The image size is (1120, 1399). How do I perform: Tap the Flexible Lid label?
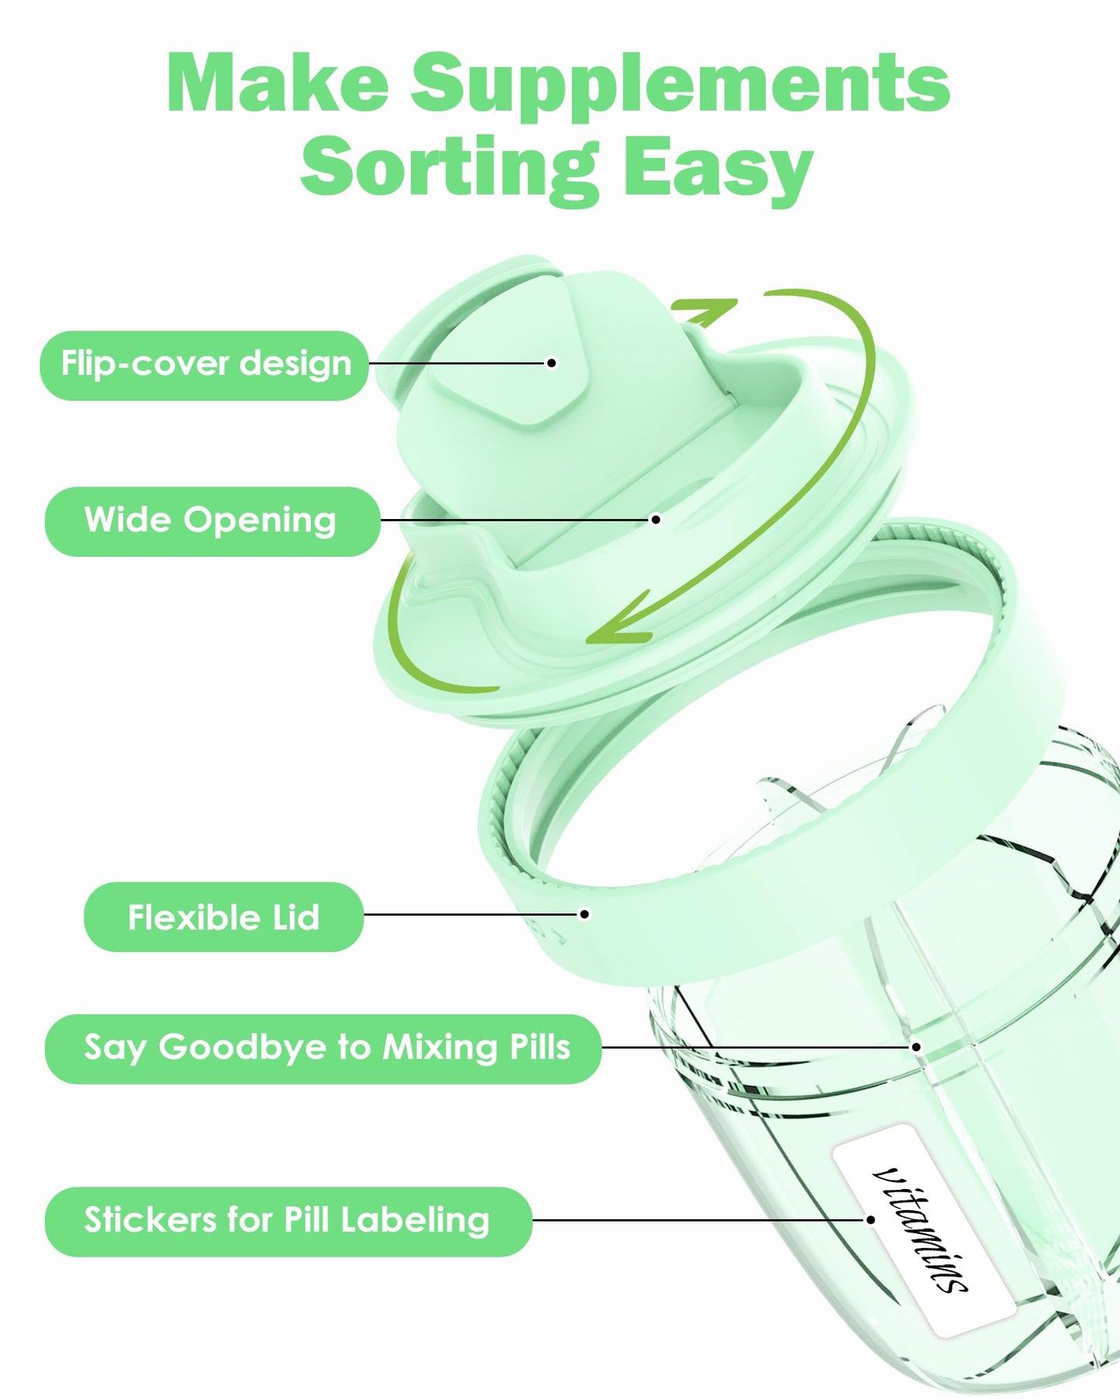tap(224, 917)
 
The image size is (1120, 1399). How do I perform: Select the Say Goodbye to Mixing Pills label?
tap(323, 1049)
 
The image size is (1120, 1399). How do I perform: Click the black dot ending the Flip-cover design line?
tap(552, 363)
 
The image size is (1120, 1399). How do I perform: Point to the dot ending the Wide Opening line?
tap(656, 519)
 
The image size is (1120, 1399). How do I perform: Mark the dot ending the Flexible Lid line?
tap(585, 914)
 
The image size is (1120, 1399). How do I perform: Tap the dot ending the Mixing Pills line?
tap(916, 1047)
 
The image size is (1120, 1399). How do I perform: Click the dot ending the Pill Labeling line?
tap(870, 1219)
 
